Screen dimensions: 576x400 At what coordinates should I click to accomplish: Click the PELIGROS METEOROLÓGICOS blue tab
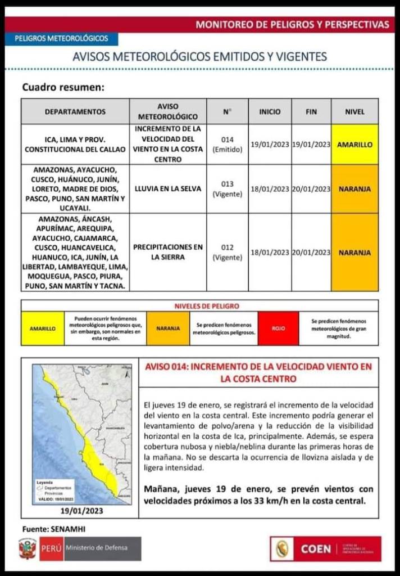pyautogui.click(x=61, y=39)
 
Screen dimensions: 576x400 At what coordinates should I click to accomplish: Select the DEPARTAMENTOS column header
pyautogui.click(x=75, y=111)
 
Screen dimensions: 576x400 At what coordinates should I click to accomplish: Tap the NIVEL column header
pyautogui.click(x=354, y=111)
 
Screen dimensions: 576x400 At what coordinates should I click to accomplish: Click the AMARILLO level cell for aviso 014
pyautogui.click(x=354, y=145)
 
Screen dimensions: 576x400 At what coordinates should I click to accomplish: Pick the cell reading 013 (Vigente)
pyautogui.click(x=227, y=189)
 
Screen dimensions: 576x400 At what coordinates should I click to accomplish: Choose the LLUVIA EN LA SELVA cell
pyautogui.click(x=168, y=189)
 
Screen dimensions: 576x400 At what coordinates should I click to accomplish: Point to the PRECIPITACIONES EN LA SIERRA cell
pyautogui.click(x=168, y=253)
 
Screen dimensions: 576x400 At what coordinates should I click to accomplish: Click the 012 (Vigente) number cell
pyautogui.click(x=227, y=253)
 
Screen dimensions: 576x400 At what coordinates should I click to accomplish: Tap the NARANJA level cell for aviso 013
pyautogui.click(x=354, y=189)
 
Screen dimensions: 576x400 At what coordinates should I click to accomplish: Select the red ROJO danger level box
pyautogui.click(x=279, y=328)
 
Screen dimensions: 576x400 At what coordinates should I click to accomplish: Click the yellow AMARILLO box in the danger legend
pyautogui.click(x=43, y=328)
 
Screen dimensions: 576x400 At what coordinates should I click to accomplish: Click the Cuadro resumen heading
pyautogui.click(x=63, y=88)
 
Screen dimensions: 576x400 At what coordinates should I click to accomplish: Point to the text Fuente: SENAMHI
pyautogui.click(x=54, y=529)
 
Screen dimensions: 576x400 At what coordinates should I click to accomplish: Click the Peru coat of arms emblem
pyautogui.click(x=28, y=548)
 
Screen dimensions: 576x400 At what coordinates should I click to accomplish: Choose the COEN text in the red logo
pyautogui.click(x=315, y=549)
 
